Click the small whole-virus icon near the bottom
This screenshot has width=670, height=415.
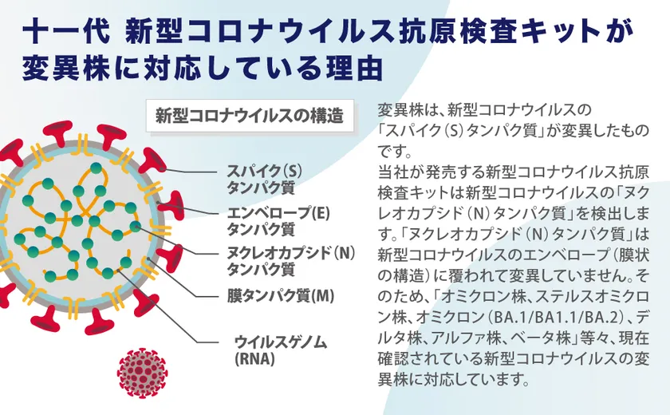click(142, 373)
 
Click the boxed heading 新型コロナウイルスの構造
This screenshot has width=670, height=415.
click(250, 116)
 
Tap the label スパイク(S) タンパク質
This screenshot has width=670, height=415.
click(264, 179)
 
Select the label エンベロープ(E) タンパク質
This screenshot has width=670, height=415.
click(278, 221)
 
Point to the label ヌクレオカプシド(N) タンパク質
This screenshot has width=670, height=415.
click(291, 261)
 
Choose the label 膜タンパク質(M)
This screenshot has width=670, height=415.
click(280, 296)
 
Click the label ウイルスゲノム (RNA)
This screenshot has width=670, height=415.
click(281, 350)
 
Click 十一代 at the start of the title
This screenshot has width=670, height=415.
click(65, 31)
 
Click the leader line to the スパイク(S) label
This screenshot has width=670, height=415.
click(191, 171)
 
